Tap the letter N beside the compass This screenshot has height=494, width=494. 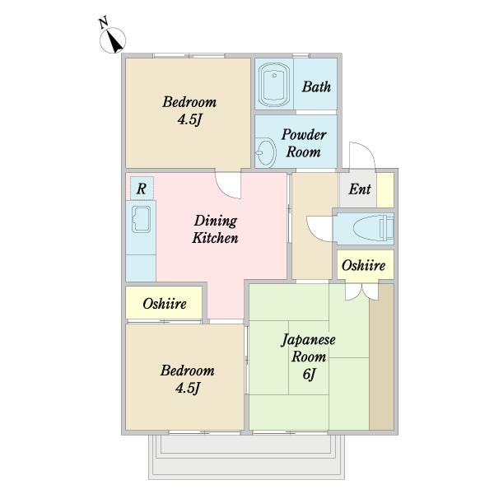coord(104,23)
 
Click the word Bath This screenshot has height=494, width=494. coord(316,86)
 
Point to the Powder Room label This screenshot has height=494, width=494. coord(304,143)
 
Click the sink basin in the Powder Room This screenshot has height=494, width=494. coord(265,151)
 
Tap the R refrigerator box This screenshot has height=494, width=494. coord(142,188)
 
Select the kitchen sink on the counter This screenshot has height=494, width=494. coord(141,220)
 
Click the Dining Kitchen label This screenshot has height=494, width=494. coord(216,229)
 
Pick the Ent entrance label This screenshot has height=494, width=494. coord(360,189)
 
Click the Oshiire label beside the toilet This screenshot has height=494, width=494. coord(363,266)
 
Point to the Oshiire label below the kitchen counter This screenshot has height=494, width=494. coord(165,304)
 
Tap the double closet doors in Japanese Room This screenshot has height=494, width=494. coord(361,291)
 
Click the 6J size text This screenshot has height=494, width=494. coord(309,375)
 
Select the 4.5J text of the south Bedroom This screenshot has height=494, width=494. coord(188,388)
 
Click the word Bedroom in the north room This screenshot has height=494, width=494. coord(189,102)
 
